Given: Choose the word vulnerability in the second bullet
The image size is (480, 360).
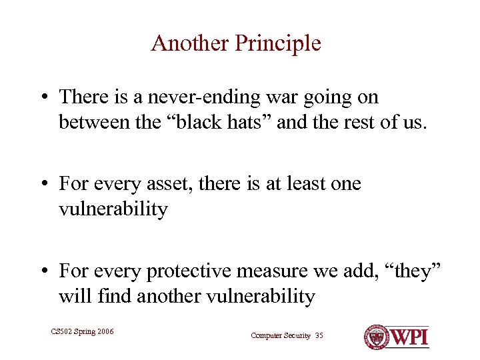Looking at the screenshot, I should [x=113, y=209].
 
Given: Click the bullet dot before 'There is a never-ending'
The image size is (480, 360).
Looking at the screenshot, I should [x=43, y=98].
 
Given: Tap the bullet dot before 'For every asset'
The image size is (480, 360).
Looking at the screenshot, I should [x=43, y=184].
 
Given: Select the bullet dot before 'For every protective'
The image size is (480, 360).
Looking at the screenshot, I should [x=43, y=271].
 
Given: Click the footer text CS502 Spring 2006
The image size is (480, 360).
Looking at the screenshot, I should [x=82, y=331].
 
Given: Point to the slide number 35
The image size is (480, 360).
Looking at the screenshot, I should [x=319, y=336].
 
